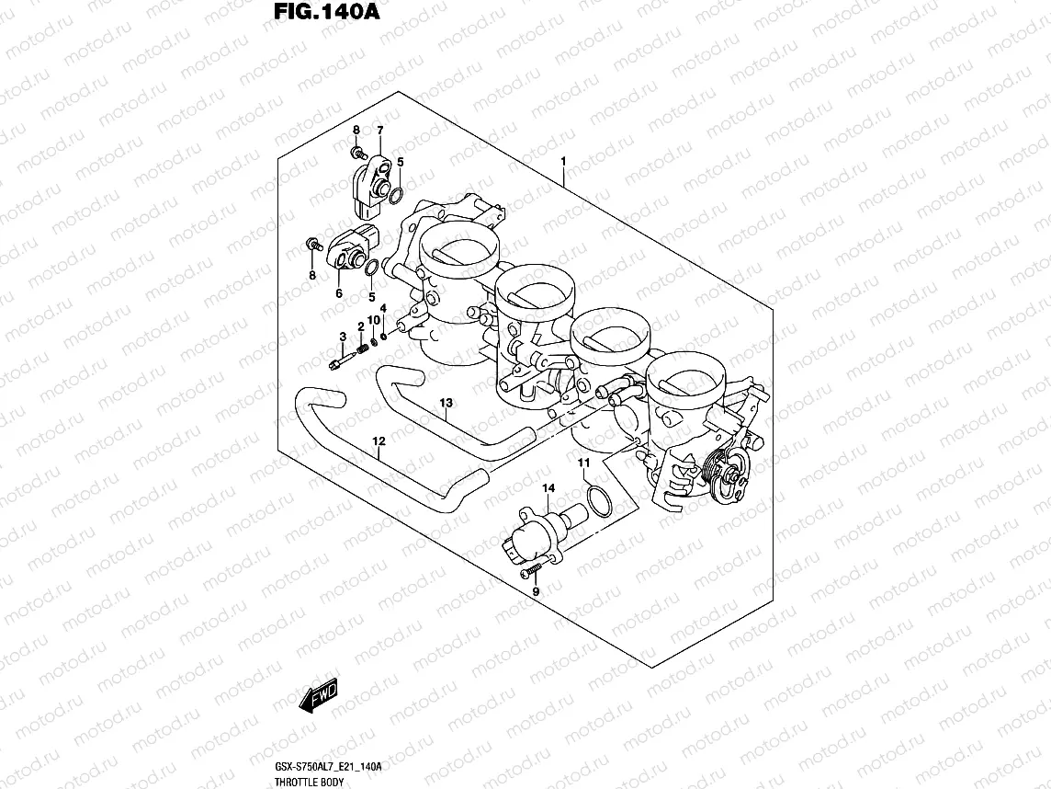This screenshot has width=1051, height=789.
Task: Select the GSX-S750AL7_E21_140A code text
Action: pos(327,767)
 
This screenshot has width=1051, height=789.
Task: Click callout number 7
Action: pos(379,131)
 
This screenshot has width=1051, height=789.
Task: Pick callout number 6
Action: pos(338,293)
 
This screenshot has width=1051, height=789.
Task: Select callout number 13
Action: pos(446,403)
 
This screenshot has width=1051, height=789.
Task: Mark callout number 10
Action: pos(374,320)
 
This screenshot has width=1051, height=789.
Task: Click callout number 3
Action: pos(342,337)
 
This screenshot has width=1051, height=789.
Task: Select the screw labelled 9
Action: pos(529,573)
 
